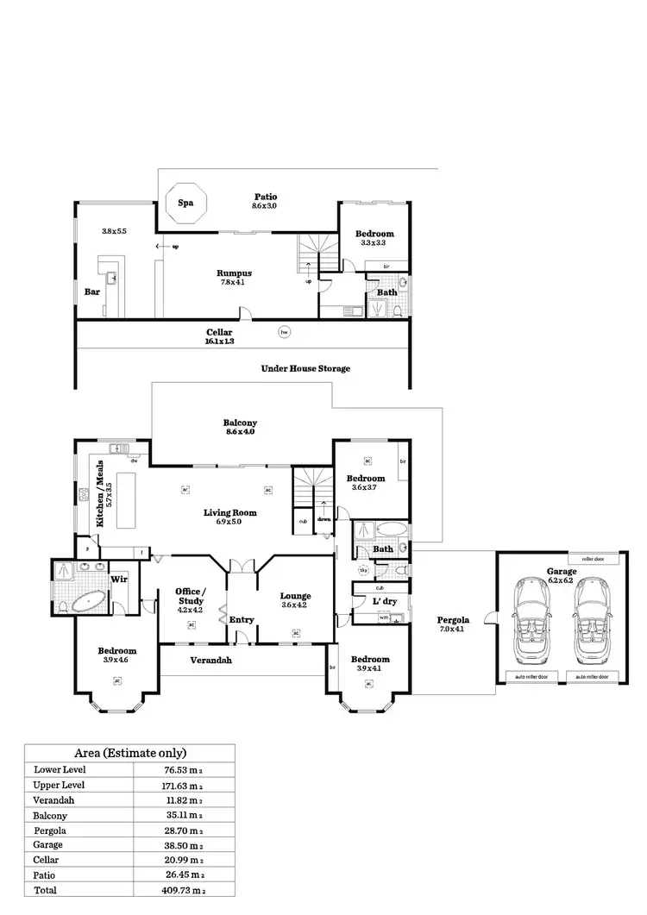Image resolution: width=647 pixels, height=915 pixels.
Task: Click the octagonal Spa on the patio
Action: point(185,204)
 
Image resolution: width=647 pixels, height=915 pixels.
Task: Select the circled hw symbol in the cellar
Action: point(283,331)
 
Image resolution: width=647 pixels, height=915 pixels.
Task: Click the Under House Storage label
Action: point(305,368)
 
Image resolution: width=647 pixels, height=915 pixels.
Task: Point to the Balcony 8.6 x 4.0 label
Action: point(240,428)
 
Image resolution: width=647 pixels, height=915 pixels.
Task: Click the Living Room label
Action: point(229,517)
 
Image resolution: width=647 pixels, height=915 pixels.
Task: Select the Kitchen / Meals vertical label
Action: point(103,492)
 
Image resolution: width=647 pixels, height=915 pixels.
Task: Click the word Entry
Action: point(242,619)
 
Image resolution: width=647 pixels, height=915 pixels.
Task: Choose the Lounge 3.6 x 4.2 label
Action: point(295,600)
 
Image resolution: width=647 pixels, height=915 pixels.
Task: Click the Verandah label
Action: point(210,661)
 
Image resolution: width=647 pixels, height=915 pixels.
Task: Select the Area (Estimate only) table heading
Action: point(129,752)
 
